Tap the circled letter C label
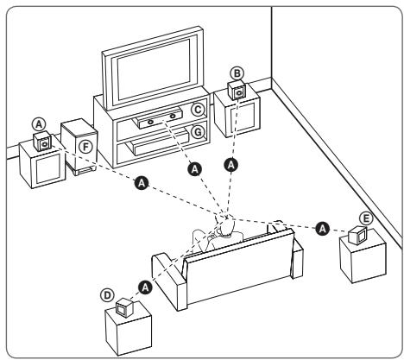click(198, 110)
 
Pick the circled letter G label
click(198, 131)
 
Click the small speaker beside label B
click(235, 92)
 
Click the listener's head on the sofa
click(226, 227)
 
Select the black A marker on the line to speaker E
click(322, 228)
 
